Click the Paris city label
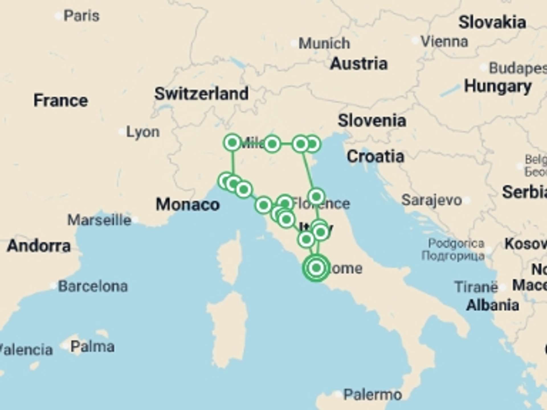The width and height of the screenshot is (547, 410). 81,16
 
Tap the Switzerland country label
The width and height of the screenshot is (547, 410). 201,94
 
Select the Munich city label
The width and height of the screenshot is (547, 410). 324,43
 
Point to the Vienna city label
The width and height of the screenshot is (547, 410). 444,42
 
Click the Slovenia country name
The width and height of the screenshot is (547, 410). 372,120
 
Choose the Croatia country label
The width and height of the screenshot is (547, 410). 375,156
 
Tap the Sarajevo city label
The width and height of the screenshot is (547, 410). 431,200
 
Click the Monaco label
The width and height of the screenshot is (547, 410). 188,204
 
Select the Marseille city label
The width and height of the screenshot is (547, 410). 99,220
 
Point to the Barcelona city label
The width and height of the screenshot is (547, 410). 93,286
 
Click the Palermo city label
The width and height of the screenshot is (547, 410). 373,395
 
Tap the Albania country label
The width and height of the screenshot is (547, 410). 493,305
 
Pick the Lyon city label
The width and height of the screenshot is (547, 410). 143,132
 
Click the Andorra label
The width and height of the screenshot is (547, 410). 39,245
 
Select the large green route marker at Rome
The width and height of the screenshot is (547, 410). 316,268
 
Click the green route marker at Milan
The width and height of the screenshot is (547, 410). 232,142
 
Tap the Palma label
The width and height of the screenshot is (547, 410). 92,347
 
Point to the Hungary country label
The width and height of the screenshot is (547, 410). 498,86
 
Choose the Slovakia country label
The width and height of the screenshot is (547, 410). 492,22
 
